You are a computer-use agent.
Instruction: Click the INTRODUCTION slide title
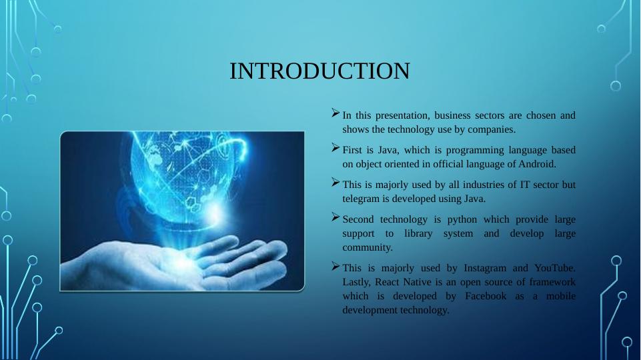[319, 71]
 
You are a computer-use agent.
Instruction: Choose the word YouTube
[555, 268]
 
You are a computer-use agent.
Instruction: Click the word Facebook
[486, 296]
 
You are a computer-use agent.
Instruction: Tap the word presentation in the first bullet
[402, 115]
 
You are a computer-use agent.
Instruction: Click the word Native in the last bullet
[417, 283]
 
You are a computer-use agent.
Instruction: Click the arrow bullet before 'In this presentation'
[336, 113]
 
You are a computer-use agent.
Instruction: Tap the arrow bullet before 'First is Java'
[336, 148]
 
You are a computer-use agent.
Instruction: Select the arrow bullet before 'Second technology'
[336, 217]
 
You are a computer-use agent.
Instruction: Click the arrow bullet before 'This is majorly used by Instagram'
[336, 267]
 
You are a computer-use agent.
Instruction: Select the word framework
[552, 283]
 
